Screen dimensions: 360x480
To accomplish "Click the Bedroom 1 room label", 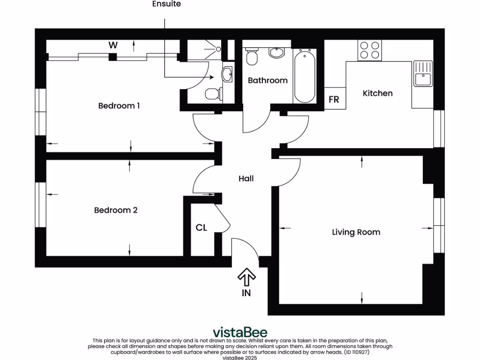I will point(119,106).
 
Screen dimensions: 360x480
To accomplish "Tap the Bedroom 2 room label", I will point(116,210).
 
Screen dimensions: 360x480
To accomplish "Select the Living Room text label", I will point(356,232).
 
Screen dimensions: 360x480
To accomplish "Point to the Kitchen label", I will point(377,93).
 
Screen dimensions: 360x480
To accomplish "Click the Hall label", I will point(246,179).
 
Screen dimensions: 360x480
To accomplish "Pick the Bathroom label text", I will point(268,81).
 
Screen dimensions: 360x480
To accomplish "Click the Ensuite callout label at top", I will point(166,4).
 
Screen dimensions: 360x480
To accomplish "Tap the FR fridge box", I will point(334,99).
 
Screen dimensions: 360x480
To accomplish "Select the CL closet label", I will point(202,228).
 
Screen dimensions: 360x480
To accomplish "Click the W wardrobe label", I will point(113,45).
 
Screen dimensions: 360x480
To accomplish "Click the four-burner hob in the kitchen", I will point(369,50).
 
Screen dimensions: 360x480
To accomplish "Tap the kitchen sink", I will point(422,74).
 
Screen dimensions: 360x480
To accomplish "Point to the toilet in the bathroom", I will point(252,57).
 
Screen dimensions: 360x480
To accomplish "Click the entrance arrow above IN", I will point(246,277).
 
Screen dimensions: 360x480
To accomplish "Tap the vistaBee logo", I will point(240,332).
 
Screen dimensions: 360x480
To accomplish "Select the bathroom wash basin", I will point(276,52).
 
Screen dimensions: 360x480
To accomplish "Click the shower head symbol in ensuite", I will point(218,49).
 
